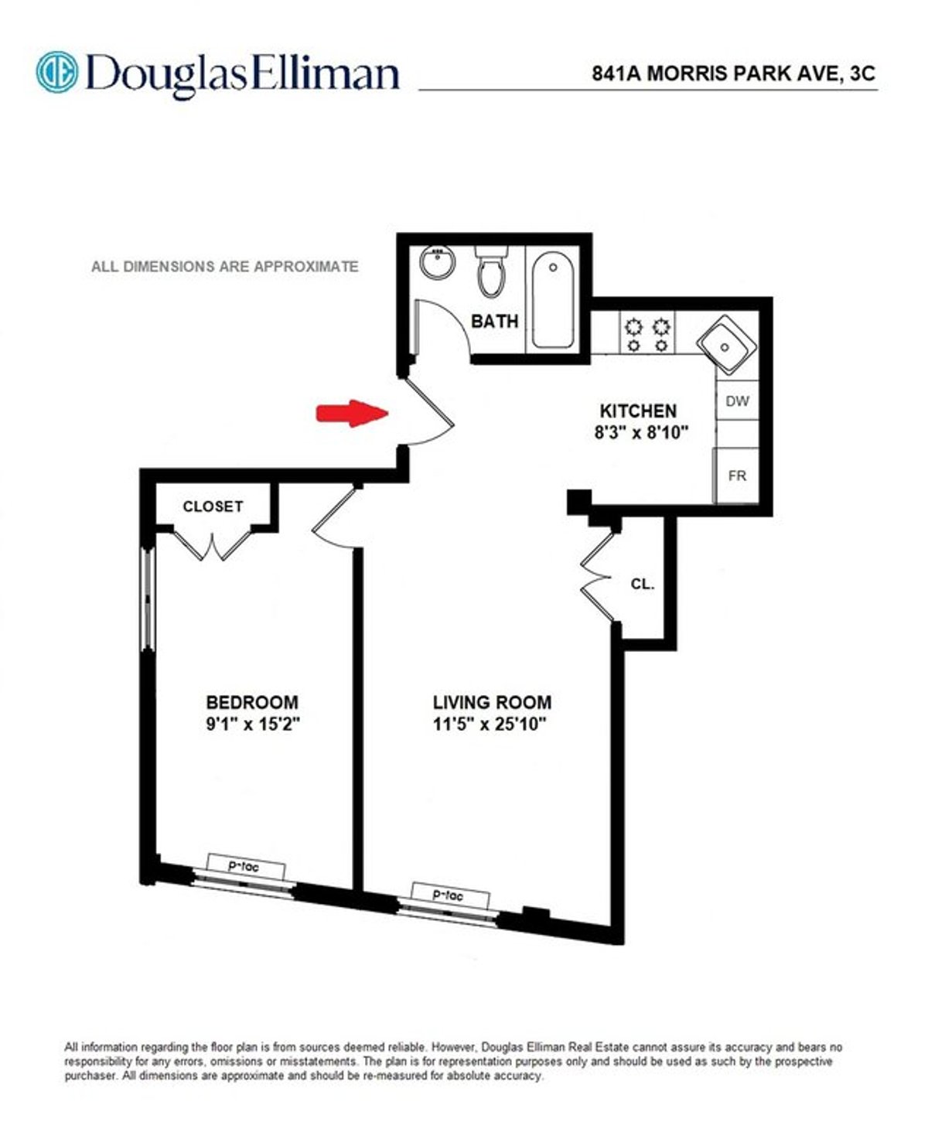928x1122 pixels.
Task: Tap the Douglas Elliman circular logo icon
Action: tap(57, 72)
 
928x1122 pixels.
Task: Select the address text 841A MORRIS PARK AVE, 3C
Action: tap(733, 73)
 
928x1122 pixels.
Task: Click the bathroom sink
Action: tap(438, 264)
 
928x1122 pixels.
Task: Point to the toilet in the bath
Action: tap(490, 271)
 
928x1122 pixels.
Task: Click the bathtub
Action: tap(553, 301)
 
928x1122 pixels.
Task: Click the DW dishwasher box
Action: tap(737, 401)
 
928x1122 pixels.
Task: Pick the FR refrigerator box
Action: tap(737, 476)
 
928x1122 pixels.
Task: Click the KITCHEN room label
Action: tap(639, 411)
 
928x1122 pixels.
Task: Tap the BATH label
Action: tap(495, 321)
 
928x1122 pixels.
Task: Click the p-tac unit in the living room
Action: tap(450, 895)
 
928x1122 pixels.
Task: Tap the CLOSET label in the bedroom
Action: tap(213, 506)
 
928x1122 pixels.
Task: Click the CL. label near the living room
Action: tap(643, 585)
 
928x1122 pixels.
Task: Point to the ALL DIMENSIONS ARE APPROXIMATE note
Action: tap(225, 267)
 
